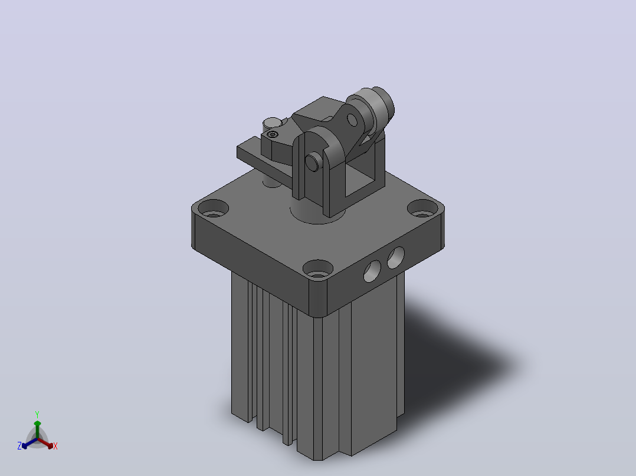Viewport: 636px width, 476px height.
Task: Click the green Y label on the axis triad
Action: pos(37,414)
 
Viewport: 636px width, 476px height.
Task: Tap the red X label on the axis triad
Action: pos(55,446)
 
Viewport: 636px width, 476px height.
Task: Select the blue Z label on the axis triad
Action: pos(19,446)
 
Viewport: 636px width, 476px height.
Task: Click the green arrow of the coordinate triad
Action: pos(37,429)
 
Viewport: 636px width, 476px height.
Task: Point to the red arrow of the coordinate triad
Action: pos(45,443)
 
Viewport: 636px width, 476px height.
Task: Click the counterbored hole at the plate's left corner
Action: pos(214,208)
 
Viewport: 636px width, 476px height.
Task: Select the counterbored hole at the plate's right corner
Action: pos(422,209)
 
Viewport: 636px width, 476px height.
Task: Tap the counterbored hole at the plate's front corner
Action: pos(318,269)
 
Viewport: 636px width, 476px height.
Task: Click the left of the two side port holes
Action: pos(372,271)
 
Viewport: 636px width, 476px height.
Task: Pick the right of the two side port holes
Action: pos(396,257)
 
